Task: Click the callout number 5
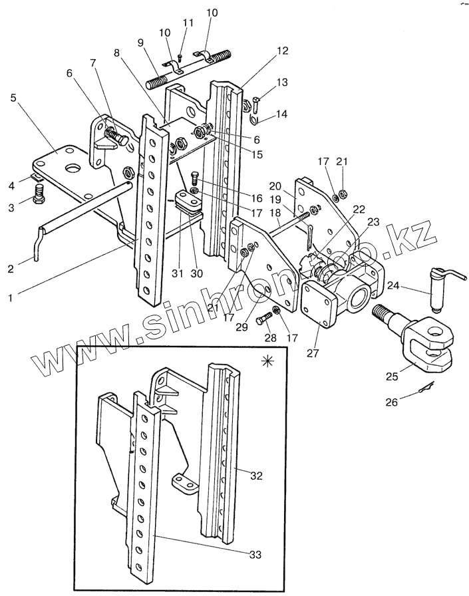14,98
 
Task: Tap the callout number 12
282,51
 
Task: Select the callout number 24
393,285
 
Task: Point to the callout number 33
255,555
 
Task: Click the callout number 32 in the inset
257,476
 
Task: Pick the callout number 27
313,353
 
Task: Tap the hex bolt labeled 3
39,194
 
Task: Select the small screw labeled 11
180,58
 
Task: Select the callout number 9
141,43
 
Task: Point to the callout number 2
11,268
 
